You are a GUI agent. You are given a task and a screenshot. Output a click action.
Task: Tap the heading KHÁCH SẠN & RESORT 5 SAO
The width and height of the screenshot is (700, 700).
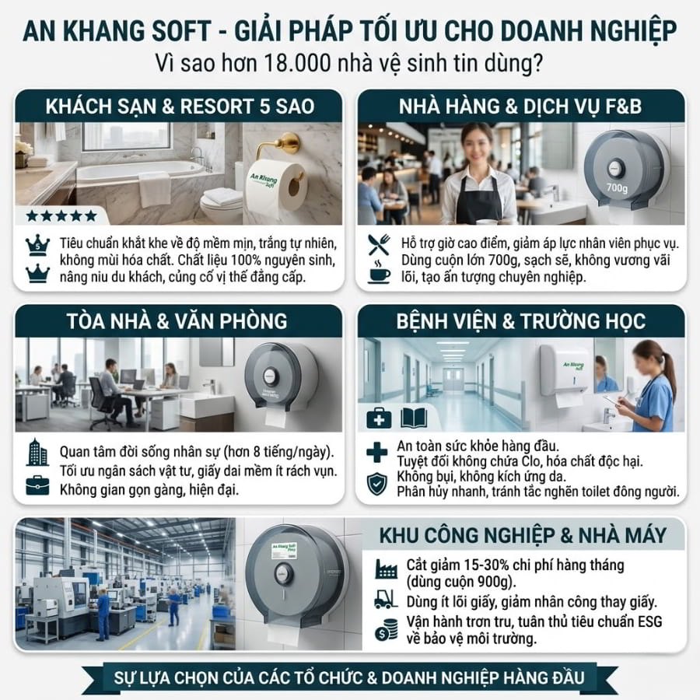pyautogui.click(x=180, y=107)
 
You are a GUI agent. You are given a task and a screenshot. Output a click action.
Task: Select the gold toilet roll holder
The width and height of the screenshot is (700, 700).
pyautogui.click(x=280, y=147)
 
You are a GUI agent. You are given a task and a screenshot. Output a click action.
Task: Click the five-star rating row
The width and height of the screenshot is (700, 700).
pyautogui.click(x=61, y=216)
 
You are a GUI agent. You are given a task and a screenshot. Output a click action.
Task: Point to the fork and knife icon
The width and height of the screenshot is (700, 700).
pyautogui.click(x=379, y=245)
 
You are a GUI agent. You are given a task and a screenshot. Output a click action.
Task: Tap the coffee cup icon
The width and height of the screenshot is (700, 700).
pyautogui.click(x=379, y=271)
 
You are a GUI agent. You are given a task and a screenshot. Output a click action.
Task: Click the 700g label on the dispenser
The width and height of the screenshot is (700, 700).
pyautogui.click(x=617, y=188)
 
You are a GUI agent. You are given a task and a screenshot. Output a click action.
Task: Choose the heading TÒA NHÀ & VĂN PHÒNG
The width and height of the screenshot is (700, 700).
pyautogui.click(x=177, y=321)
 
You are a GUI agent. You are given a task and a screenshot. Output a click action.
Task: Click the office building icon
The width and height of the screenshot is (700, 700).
pyautogui.click(x=37, y=452)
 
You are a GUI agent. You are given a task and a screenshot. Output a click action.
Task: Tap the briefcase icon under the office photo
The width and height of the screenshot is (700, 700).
pyautogui.click(x=37, y=485)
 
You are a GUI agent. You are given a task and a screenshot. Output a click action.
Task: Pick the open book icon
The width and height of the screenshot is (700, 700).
pyautogui.click(x=414, y=418)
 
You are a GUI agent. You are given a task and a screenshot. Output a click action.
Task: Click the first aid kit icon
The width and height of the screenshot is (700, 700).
pyautogui.click(x=379, y=418)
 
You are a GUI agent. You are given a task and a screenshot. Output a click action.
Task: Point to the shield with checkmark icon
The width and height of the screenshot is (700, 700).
pyautogui.click(x=377, y=484)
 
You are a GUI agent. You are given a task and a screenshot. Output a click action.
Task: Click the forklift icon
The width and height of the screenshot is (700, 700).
pyautogui.click(x=386, y=600)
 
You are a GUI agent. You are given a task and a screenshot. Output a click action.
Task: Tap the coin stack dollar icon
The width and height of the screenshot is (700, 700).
pyautogui.click(x=386, y=629)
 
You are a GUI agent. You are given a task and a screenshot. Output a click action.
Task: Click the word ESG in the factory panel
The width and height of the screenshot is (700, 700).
pyautogui.click(x=649, y=622)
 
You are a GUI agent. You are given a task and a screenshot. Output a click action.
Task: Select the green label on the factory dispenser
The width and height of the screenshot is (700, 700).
pyautogui.click(x=285, y=551)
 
